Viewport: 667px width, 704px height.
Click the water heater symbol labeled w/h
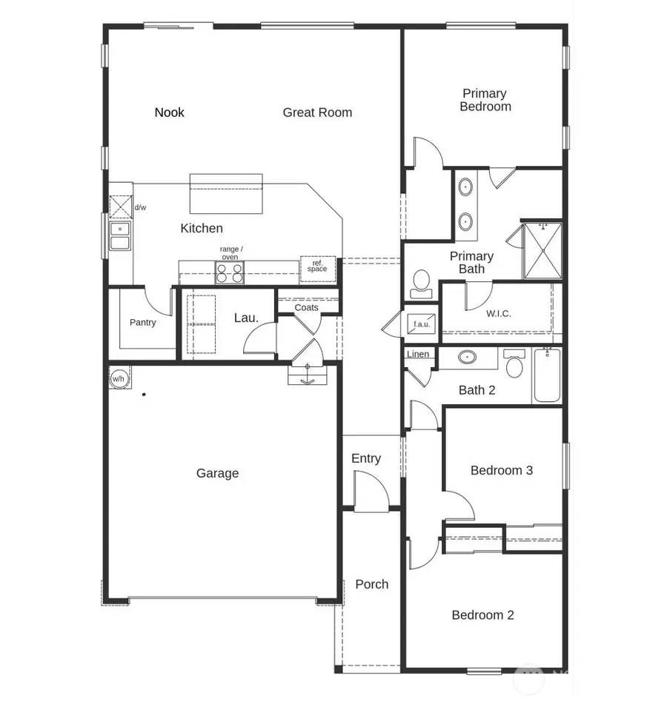click(118, 378)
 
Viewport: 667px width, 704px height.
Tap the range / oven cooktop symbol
click(230, 273)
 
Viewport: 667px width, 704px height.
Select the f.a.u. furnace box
click(420, 323)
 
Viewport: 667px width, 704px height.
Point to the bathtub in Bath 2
click(547, 375)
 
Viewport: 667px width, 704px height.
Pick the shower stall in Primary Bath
click(542, 250)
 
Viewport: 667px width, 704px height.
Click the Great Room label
click(317, 113)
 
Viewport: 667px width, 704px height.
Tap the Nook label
click(169, 113)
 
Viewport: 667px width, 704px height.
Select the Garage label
click(217, 473)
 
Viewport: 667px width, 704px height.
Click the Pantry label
click(142, 323)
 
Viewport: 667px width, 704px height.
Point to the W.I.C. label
click(498, 313)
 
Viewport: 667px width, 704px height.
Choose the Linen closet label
click(418, 355)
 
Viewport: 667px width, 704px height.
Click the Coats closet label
click(306, 307)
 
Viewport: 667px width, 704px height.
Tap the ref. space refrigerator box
click(317, 266)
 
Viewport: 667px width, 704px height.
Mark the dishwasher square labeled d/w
click(120, 207)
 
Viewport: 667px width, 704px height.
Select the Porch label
click(371, 584)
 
